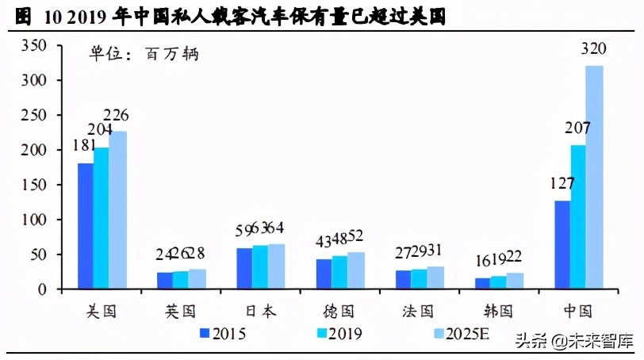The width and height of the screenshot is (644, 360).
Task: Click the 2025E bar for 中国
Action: (594, 178)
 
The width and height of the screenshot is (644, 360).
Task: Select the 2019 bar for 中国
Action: (578, 217)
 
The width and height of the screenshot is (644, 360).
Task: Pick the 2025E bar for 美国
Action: (117, 210)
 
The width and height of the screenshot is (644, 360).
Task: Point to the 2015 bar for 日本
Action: (244, 269)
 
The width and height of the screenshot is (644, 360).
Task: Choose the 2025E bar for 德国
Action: (355, 270)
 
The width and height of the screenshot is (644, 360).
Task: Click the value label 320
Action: (594, 49)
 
